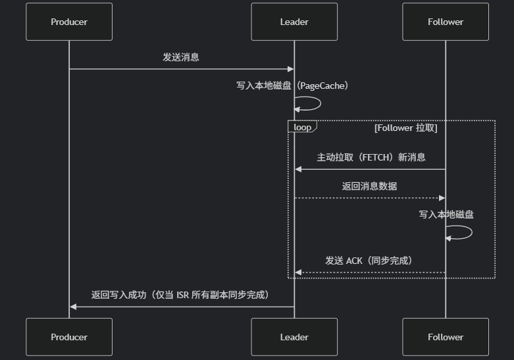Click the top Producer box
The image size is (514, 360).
[69, 22]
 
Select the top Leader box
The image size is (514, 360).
[294, 22]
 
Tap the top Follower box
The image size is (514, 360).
[446, 22]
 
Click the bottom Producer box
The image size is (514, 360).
[69, 337]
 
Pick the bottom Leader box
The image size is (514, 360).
[294, 337]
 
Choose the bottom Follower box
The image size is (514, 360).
[446, 337]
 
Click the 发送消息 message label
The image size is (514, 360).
[181, 57]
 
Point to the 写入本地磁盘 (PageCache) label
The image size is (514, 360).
[294, 86]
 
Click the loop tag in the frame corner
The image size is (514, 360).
[302, 127]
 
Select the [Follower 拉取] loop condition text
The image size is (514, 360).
[405, 128]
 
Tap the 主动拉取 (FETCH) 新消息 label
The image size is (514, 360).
[371, 157]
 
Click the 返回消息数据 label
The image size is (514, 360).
[369, 186]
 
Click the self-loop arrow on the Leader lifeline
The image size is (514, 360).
[311, 103]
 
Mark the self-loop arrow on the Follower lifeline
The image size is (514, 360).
[462, 232]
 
